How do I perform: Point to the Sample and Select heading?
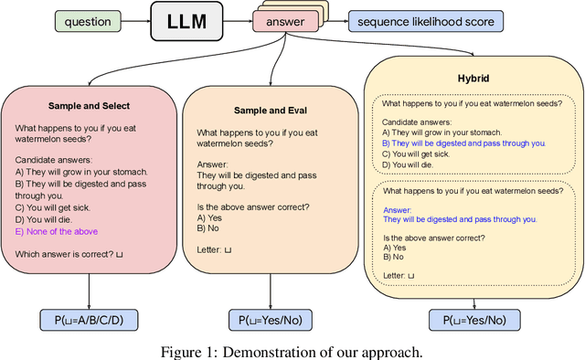(x=88, y=106)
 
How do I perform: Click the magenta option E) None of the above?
(x=57, y=231)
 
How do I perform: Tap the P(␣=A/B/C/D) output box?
(x=89, y=320)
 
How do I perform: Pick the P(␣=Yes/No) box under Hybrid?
(x=473, y=320)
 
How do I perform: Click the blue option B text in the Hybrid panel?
(x=463, y=143)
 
